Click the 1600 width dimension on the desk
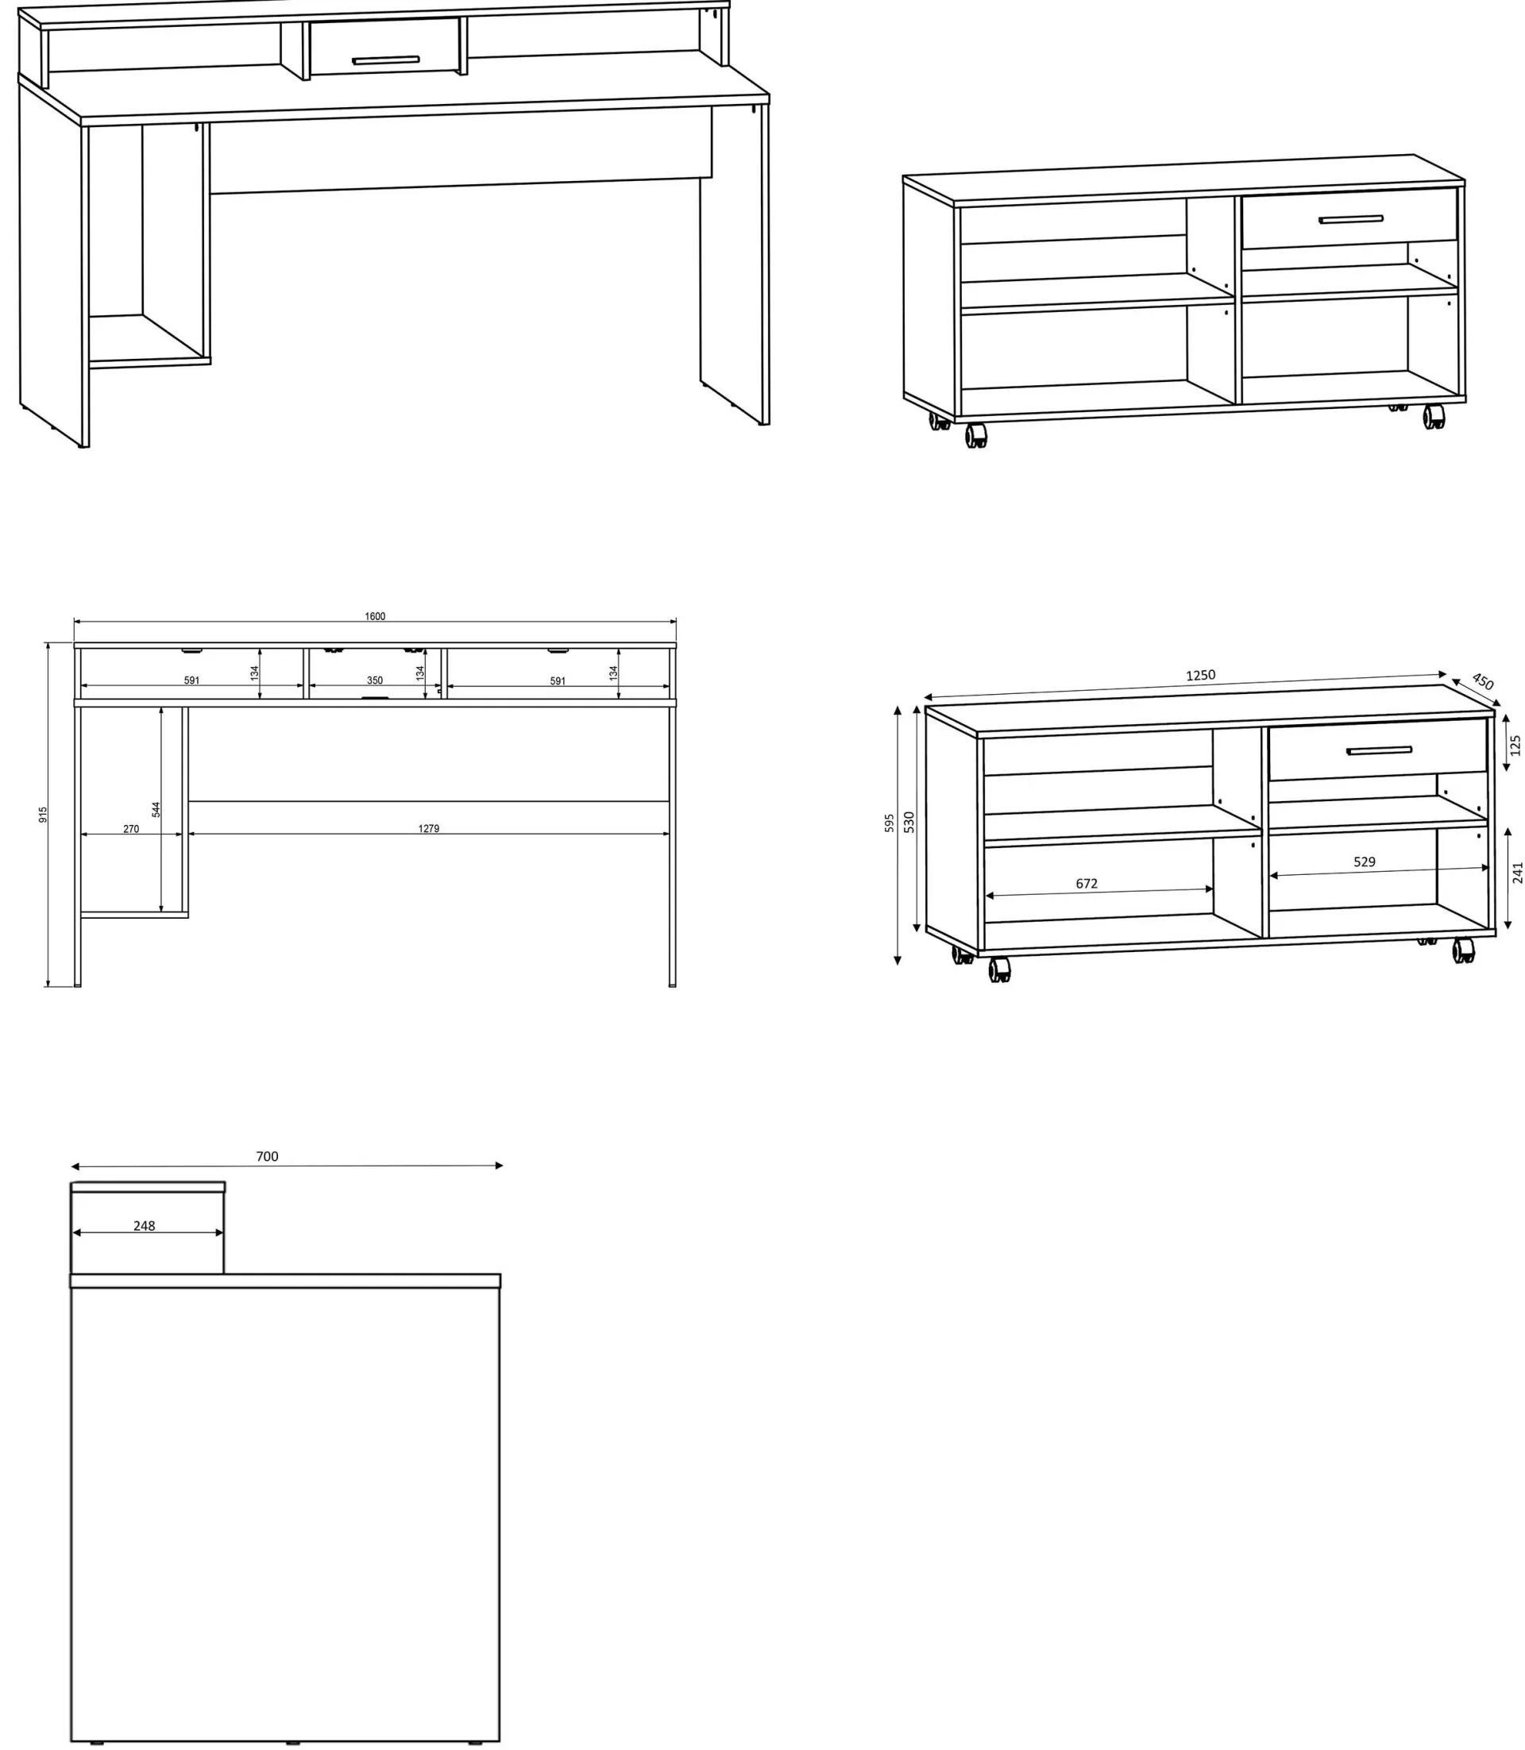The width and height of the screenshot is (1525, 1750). (x=374, y=616)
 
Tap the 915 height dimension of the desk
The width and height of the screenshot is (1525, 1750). (x=44, y=814)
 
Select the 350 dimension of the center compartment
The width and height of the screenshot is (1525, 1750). (x=374, y=680)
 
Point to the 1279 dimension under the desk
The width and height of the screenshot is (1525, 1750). (x=429, y=829)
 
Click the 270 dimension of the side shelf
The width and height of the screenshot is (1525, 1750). (x=131, y=829)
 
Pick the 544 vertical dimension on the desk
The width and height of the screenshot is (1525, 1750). (x=156, y=809)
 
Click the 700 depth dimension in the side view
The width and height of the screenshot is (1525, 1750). (x=267, y=1156)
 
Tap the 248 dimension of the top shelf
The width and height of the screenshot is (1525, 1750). (x=144, y=1226)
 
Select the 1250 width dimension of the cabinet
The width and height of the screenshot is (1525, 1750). (x=1201, y=676)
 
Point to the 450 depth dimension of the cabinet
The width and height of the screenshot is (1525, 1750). (x=1482, y=681)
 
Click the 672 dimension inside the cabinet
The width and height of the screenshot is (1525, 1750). (x=1087, y=884)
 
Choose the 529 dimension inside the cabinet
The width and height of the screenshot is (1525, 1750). (x=1365, y=862)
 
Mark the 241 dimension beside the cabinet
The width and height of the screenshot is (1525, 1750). (x=1516, y=873)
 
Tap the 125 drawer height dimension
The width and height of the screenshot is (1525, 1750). (x=1515, y=746)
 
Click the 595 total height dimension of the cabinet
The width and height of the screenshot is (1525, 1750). (x=890, y=823)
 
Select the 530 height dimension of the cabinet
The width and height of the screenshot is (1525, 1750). (x=909, y=822)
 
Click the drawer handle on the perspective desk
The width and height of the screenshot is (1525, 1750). (x=385, y=60)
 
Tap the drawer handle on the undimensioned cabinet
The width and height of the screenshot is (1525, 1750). (x=1350, y=219)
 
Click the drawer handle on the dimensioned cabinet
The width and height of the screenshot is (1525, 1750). (x=1380, y=750)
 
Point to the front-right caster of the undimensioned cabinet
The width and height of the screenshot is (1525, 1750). (x=1434, y=417)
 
